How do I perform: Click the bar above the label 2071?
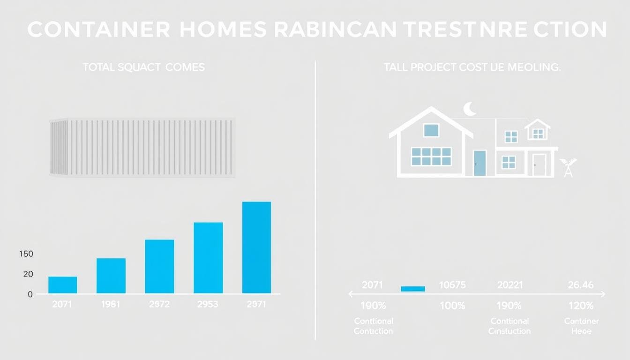62,285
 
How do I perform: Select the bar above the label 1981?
111,276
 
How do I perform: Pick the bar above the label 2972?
159,266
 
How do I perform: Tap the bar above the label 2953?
208,258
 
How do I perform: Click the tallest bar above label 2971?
256,247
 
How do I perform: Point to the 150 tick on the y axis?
26,254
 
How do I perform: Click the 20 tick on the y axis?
28,274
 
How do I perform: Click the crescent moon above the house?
470,109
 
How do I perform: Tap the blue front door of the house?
480,163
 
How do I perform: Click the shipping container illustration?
142,147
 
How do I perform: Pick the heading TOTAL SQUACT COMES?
143,67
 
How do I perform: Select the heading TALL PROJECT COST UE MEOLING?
472,67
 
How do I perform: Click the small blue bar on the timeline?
413,289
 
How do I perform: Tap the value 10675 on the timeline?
452,285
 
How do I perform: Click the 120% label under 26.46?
580,306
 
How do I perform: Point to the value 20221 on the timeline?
510,285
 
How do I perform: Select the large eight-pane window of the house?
431,157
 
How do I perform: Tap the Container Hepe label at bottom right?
581,326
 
